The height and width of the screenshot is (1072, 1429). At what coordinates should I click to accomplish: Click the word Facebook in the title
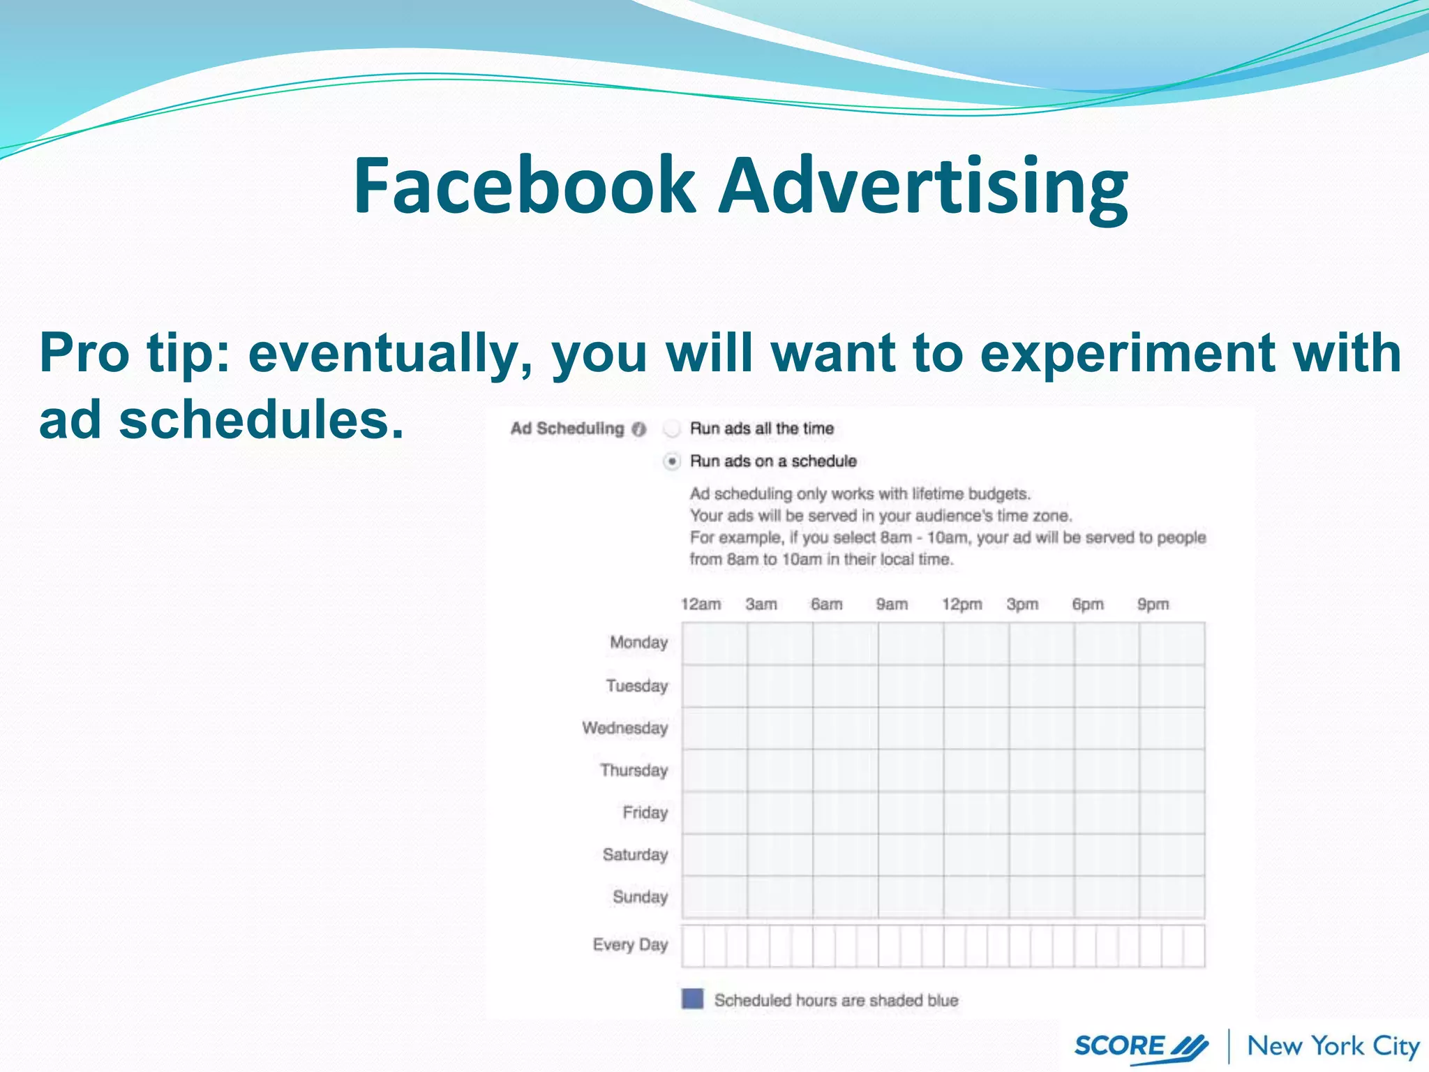[523, 186]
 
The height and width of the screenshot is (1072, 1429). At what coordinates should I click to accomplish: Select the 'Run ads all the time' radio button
[672, 429]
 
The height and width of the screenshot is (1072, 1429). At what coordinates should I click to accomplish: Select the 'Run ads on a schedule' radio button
[672, 461]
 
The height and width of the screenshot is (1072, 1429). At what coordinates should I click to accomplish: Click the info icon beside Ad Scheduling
[638, 429]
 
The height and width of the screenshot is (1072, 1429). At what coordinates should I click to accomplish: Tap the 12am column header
[701, 604]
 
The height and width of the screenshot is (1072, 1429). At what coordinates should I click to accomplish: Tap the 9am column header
[892, 604]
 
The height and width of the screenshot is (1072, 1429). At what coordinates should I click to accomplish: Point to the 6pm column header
[1088, 604]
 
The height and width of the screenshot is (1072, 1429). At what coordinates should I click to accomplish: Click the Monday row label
[638, 642]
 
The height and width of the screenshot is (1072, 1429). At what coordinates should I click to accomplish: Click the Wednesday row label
[625, 728]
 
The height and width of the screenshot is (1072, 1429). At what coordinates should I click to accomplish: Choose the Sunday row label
[640, 897]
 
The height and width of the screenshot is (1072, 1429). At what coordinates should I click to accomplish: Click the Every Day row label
[630, 945]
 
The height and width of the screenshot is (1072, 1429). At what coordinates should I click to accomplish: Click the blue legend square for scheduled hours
[692, 999]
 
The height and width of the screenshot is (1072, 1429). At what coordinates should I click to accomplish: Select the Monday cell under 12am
[714, 643]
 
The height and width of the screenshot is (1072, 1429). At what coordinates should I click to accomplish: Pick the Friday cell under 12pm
[975, 812]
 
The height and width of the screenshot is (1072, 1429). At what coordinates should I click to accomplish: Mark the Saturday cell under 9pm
[1172, 855]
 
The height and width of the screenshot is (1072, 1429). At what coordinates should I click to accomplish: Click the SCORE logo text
[1119, 1046]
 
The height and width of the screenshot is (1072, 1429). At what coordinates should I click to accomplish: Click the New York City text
[1333, 1046]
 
